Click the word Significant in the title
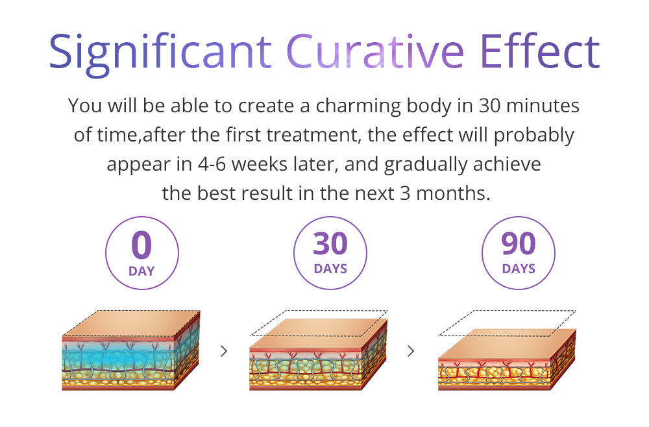(160, 54)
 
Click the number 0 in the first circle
(141, 245)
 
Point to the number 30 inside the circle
(330, 244)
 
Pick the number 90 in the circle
(519, 244)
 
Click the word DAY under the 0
(141, 271)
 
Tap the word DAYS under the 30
(330, 269)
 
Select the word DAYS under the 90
(519, 269)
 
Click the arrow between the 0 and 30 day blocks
(224, 351)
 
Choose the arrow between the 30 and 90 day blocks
(411, 351)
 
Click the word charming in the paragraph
(358, 106)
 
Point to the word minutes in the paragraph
(543, 106)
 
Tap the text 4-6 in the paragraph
(212, 164)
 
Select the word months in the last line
(453, 193)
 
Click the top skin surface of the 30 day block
(319, 334)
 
